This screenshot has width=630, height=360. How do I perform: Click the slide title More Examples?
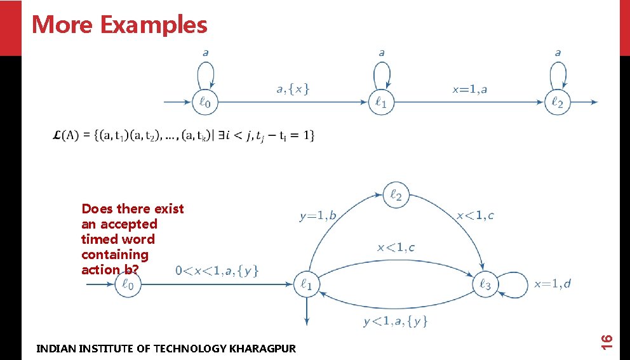pos(119,25)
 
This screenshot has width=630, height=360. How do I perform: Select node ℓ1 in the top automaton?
pos(381,102)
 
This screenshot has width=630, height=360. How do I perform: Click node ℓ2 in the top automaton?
pos(557,102)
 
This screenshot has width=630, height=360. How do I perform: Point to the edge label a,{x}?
pos(293,89)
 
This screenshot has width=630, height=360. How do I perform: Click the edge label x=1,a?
pos(469,89)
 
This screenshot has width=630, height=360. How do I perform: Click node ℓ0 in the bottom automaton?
pos(128,285)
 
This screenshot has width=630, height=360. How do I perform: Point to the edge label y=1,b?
pos(318,216)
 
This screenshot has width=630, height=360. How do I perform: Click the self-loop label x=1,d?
pos(553,284)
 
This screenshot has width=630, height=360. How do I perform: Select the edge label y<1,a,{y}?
pos(395,322)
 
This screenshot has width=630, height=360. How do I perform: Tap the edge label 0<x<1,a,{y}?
pos(217,270)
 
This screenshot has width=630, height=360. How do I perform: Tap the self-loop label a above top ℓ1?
pos(381,53)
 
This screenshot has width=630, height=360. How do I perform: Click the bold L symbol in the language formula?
pos(58,135)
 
